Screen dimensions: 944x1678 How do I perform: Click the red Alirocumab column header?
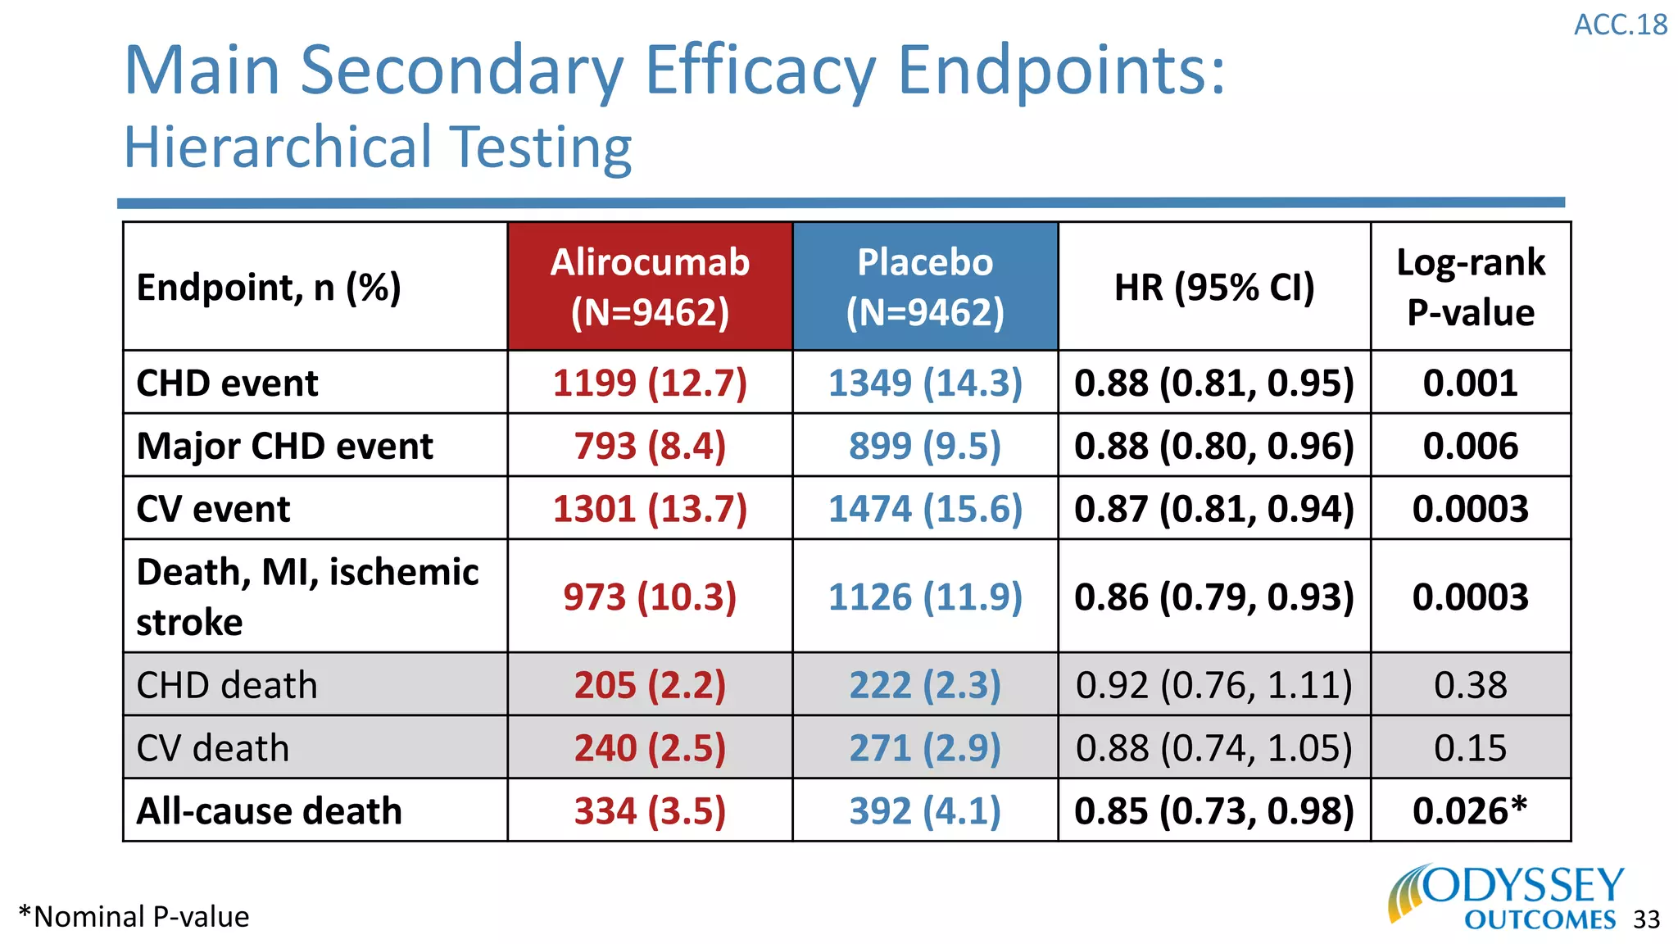(x=650, y=287)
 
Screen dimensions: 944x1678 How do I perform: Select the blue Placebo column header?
(x=925, y=287)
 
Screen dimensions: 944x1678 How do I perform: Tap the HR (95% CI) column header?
(x=1214, y=288)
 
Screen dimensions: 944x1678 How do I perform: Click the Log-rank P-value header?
(x=1471, y=287)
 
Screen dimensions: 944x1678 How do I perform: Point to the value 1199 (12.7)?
(x=650, y=383)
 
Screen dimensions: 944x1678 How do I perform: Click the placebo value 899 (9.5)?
(x=925, y=447)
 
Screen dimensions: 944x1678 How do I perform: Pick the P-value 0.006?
(x=1471, y=447)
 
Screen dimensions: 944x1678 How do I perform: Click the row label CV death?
(x=213, y=748)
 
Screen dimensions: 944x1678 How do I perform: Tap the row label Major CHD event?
(x=284, y=447)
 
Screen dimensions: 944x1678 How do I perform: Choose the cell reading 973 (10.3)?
(x=650, y=597)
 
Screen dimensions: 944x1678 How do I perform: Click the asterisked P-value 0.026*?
(x=1471, y=811)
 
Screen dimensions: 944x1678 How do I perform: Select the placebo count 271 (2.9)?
(x=925, y=748)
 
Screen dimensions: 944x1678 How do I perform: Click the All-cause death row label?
(x=269, y=811)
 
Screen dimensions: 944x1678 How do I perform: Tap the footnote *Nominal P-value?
(x=134, y=917)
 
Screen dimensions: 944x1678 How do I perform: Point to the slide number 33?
(x=1646, y=920)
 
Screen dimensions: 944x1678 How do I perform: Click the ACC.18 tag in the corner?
(x=1620, y=25)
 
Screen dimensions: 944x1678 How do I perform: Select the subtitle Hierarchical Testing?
(x=378, y=147)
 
